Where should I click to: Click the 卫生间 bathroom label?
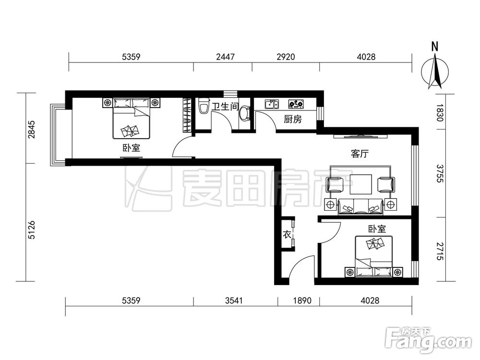[x=225, y=106]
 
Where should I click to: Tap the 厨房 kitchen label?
[x=293, y=119]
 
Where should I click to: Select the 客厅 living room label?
[x=360, y=154]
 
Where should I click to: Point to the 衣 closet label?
[x=287, y=235]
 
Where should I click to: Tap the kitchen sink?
[x=272, y=104]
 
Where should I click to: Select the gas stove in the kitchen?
[x=296, y=104]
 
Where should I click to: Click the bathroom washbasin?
[x=244, y=113]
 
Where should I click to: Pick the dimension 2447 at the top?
[x=225, y=57]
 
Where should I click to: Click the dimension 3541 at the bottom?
[x=234, y=300]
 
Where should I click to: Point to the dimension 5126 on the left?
[x=32, y=230]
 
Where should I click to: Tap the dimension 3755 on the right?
[x=440, y=173]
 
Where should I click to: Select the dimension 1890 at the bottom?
[x=302, y=300]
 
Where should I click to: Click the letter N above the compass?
[x=435, y=47]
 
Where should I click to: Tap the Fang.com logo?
[x=428, y=340]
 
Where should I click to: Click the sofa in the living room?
[x=360, y=206]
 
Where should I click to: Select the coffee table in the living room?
[x=361, y=184]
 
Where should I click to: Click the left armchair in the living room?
[x=336, y=185]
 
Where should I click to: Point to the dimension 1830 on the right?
[x=440, y=113]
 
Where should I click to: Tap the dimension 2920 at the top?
[x=286, y=57]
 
